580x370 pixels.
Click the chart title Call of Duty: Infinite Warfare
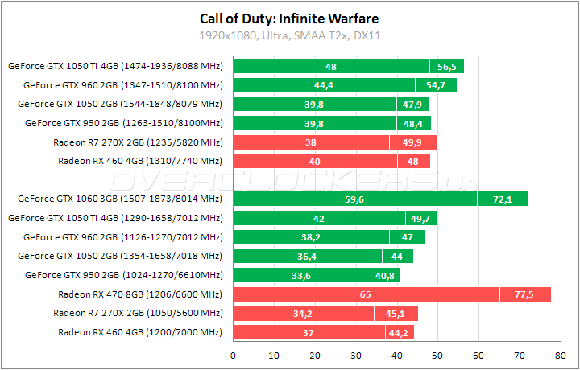[289, 18]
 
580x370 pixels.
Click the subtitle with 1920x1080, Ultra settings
[289, 35]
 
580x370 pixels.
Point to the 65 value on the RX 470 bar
[366, 294]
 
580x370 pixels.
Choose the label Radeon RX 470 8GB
[138, 294]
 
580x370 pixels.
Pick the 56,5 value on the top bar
[446, 67]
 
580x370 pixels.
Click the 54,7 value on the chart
[436, 85]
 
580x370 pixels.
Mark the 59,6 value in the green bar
[354, 199]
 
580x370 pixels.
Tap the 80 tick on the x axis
[560, 355]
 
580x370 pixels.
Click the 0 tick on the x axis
[233, 355]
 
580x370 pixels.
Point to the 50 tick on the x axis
[437, 355]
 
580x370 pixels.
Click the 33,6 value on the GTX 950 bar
[301, 275]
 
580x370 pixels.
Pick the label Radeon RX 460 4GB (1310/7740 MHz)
[140, 161]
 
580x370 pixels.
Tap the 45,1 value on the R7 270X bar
[396, 313]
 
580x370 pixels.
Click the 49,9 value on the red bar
[413, 142]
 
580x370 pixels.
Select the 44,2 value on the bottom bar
[399, 332]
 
